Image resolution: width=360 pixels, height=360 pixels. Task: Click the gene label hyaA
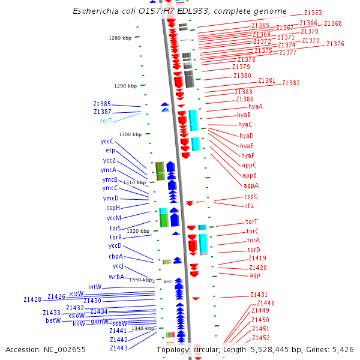(x=256, y=106)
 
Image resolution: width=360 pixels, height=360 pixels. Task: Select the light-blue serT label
(x=106, y=121)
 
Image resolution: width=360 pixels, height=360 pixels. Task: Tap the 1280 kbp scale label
(x=119, y=38)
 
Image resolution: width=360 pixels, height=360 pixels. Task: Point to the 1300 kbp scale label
(x=130, y=134)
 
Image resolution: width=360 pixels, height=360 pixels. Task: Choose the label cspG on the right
(x=251, y=196)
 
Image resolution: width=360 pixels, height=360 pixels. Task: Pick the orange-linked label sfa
(x=250, y=206)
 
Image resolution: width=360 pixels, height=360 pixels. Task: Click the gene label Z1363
(x=313, y=13)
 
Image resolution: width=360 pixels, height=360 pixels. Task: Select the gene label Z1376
(x=335, y=44)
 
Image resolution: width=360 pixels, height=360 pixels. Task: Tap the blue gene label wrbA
(x=116, y=277)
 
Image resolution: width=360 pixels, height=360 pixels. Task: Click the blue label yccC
(x=107, y=141)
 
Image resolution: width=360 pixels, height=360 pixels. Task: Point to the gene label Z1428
(x=32, y=299)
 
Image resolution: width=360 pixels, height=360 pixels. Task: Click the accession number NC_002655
(x=66, y=349)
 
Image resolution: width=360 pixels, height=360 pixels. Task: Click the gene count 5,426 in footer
(x=342, y=349)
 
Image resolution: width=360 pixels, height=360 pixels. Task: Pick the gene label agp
(x=255, y=275)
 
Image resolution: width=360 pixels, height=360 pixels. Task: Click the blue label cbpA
(x=116, y=256)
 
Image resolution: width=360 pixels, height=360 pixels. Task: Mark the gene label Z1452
(x=260, y=338)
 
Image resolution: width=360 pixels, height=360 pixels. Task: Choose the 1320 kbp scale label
(x=138, y=231)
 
